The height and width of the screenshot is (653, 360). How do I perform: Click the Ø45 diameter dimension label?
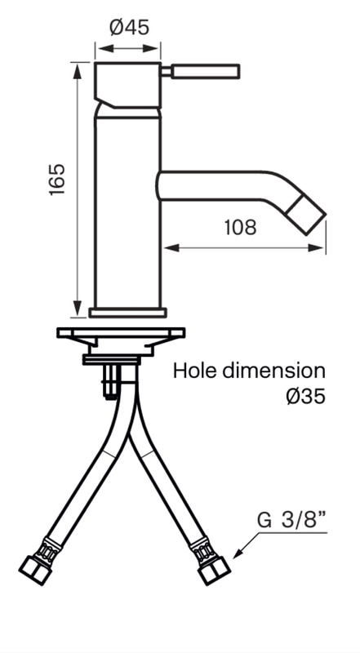pos(129,28)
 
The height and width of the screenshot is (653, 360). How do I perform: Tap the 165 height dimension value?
pos(57,180)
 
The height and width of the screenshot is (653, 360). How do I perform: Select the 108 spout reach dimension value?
pos(240,228)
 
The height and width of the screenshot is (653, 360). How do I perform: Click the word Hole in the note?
pos(194,371)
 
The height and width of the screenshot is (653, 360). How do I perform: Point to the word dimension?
pos(273,371)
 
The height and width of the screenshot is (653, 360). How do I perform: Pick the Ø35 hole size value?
pos(305,396)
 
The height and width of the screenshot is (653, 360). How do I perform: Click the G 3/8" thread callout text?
pos(291,521)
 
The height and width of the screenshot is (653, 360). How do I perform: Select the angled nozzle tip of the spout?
pos(308,215)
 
